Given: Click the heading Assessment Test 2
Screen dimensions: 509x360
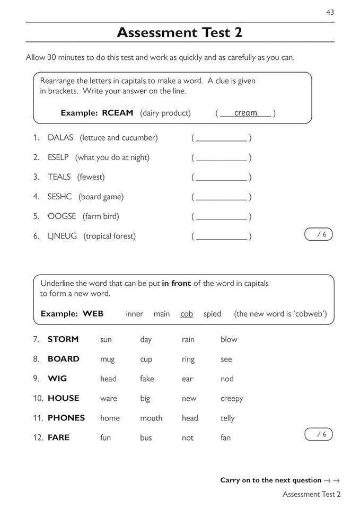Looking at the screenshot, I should click(x=180, y=33).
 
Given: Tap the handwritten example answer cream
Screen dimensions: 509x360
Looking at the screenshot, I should click(x=245, y=112).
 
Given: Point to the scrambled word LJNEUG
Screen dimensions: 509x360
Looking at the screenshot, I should click(x=63, y=236).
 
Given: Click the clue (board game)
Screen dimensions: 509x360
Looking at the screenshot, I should click(x=101, y=197).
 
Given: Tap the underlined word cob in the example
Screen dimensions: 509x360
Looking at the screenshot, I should click(x=187, y=314).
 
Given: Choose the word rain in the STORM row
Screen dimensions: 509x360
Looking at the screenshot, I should click(x=188, y=339).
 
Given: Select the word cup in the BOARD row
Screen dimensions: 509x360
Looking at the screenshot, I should click(x=146, y=359).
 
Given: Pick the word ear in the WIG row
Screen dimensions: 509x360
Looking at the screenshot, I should click(x=187, y=379).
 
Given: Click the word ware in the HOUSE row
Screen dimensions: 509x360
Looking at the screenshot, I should click(x=109, y=398).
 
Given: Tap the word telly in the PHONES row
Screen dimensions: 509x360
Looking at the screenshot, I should click(x=227, y=418).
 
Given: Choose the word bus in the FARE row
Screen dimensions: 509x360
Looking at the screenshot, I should click(x=146, y=437).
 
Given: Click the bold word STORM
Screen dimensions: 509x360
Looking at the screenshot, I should click(x=63, y=339).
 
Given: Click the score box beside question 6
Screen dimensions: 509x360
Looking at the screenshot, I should click(x=319, y=234).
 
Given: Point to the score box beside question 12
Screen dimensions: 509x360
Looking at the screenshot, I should click(x=319, y=434).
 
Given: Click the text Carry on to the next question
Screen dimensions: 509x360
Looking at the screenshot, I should click(x=271, y=480).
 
